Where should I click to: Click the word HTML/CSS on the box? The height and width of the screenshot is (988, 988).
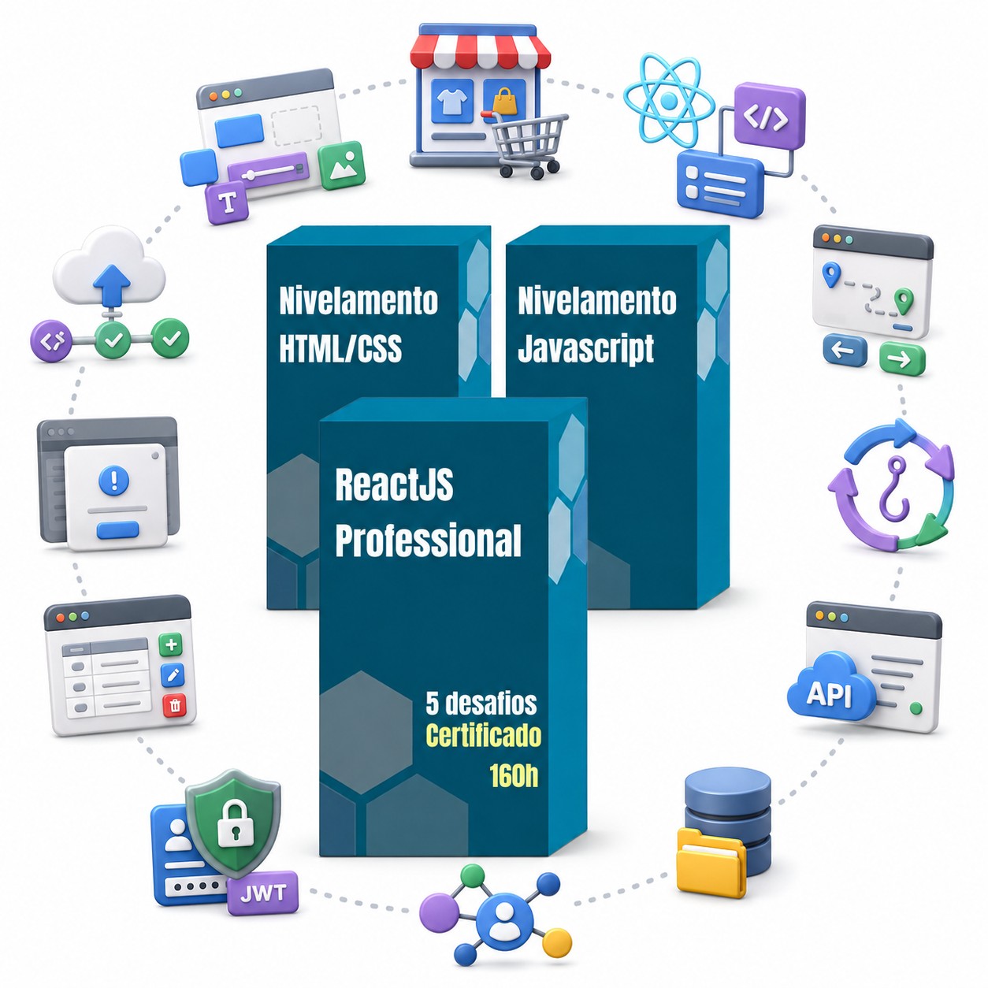point(340,348)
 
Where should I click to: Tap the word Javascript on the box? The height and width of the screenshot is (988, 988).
point(585,350)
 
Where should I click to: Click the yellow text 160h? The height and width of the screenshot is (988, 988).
point(514,776)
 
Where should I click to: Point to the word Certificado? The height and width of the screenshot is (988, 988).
point(484,736)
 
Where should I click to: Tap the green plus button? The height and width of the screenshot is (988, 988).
point(171,644)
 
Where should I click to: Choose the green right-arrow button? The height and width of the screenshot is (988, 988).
point(902,358)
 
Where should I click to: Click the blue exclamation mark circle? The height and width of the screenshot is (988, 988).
point(113,480)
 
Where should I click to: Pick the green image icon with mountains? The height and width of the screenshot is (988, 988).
point(341,165)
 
